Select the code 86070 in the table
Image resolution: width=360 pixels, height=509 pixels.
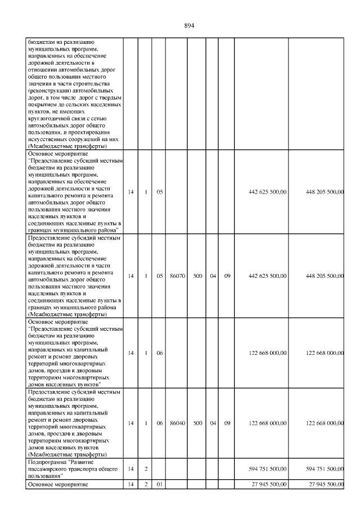coord(178,276)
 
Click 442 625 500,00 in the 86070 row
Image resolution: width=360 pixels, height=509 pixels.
coord(267,276)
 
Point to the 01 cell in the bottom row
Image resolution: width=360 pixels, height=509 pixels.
coord(160,484)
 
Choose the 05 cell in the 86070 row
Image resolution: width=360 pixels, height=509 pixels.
coord(160,276)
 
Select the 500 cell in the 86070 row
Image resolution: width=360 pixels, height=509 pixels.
coord(197,276)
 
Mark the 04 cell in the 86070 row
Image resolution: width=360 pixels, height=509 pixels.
coord(213,276)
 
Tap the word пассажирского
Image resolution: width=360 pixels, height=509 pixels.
coord(51,469)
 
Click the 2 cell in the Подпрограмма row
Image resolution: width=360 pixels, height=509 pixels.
coord(146,469)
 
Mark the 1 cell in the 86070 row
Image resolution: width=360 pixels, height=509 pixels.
coord(146,276)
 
